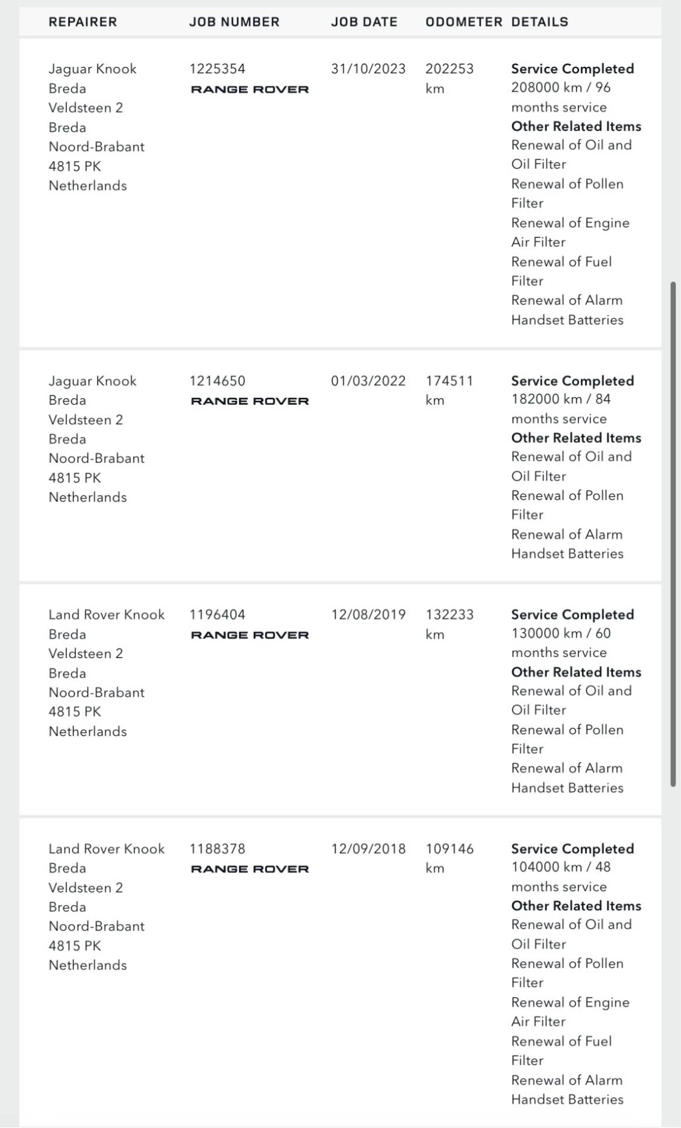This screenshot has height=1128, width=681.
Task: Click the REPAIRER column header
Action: click(x=83, y=22)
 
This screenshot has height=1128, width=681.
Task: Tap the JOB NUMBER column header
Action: click(x=234, y=22)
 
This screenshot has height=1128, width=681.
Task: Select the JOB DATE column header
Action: click(x=364, y=22)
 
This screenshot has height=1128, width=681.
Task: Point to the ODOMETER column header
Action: click(x=464, y=22)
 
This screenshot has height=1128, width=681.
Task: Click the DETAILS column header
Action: click(x=539, y=22)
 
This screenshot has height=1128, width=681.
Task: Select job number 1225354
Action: click(x=217, y=69)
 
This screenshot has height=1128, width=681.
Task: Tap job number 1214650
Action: click(x=217, y=381)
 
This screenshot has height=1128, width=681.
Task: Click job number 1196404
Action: click(x=217, y=615)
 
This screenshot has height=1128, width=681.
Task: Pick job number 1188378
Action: click(x=217, y=848)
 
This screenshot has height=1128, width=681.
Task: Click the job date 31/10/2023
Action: click(x=368, y=69)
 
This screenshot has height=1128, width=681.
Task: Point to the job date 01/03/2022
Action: click(x=368, y=381)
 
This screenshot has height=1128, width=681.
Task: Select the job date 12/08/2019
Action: click(x=368, y=615)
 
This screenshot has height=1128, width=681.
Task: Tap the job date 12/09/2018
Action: click(x=368, y=848)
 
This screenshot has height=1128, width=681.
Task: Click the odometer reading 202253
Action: click(x=449, y=69)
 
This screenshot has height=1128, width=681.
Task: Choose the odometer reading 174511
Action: click(x=449, y=381)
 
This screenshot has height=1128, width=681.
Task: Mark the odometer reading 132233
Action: click(x=449, y=615)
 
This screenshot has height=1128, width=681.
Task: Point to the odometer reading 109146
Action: click(x=449, y=848)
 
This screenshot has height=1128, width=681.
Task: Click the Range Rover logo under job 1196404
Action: click(x=250, y=635)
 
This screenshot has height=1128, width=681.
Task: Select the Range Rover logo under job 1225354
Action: click(x=250, y=89)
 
